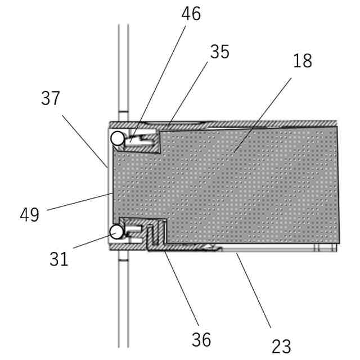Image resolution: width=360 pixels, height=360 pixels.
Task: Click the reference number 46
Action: [x=191, y=14]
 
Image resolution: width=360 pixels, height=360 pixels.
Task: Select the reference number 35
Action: [x=220, y=52]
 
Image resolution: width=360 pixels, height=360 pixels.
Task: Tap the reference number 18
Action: [x=303, y=61]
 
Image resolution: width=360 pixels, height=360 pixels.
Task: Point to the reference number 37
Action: [x=50, y=99]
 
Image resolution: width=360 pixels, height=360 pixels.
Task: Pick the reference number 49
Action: [x=30, y=215]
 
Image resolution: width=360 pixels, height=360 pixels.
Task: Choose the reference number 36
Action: [x=201, y=339]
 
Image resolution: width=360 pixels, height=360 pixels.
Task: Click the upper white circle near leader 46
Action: [x=117, y=138]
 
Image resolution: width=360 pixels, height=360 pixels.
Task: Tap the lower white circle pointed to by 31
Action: [x=116, y=231]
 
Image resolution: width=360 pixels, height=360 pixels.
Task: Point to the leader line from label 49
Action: [x=79, y=202]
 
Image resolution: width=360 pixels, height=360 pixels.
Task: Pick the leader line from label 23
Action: [x=253, y=290]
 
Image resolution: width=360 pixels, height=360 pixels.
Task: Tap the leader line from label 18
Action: [x=264, y=112]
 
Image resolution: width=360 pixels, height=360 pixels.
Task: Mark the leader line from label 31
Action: [x=90, y=242]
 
